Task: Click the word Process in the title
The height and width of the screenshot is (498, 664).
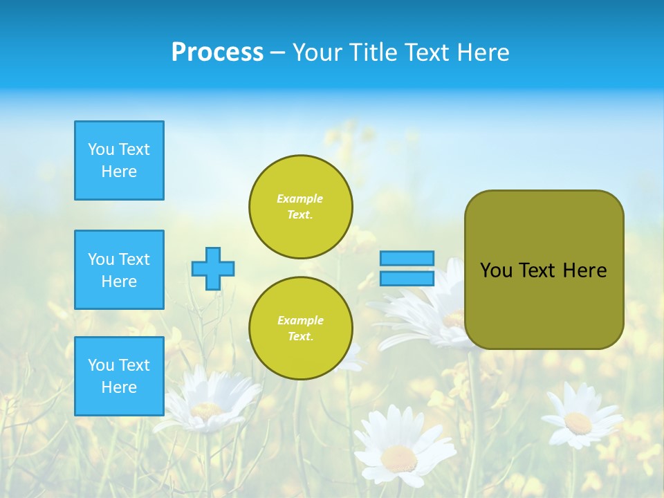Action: point(217,53)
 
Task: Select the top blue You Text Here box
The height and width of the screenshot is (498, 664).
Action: point(119,160)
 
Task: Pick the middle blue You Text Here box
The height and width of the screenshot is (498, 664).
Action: point(119,270)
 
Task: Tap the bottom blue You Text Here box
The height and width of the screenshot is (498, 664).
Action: point(119,376)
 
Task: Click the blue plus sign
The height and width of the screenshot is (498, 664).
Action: point(213,268)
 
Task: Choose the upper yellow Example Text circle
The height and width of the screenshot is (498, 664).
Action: point(301,207)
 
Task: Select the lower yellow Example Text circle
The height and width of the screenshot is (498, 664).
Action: point(301,329)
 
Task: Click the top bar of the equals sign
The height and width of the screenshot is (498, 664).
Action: point(407,258)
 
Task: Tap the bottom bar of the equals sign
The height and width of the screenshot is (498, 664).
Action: point(407,278)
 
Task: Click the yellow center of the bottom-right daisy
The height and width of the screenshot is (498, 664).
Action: point(578,422)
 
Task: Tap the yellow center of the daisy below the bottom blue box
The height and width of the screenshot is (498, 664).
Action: point(206,409)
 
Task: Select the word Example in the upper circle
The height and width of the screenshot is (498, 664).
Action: point(300,199)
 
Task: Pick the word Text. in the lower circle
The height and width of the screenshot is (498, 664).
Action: point(300,336)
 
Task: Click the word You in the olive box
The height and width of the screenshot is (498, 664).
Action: point(496,270)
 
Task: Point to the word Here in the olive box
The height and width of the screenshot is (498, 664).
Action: point(584,270)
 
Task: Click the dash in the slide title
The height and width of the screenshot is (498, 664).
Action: point(278,53)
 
